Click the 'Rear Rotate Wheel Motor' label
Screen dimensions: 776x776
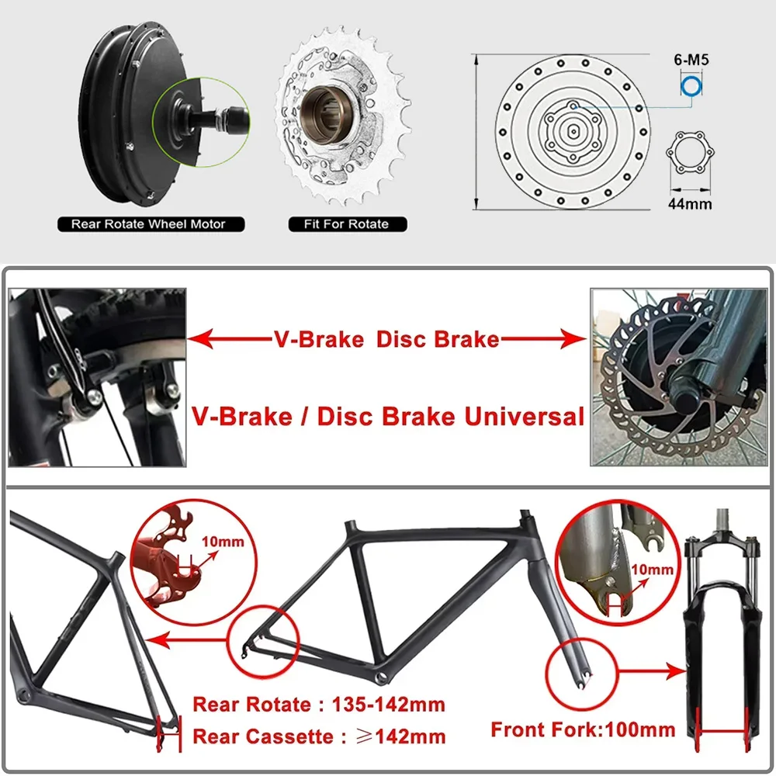coord(148,224)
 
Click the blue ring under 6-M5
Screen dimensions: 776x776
coord(691,86)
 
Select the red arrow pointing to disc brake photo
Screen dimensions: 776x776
coord(543,340)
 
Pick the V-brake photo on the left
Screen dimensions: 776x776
coord(97,377)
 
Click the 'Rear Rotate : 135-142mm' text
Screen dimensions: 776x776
coord(319,705)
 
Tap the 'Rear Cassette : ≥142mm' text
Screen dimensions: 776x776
coord(319,736)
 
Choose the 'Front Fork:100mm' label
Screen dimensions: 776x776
coord(583,729)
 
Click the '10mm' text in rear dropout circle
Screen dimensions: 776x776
coord(220,541)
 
